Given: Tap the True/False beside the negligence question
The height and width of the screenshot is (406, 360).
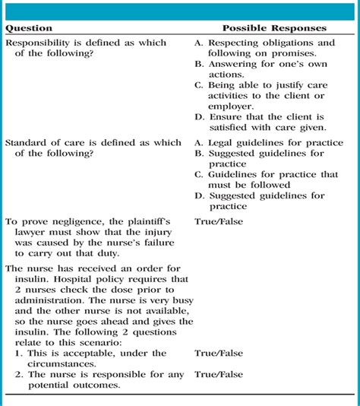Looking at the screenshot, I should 219,222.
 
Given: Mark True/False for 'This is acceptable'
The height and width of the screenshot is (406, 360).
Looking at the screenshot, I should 219,353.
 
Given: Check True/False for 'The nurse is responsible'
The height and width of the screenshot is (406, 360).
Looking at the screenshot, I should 219,374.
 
